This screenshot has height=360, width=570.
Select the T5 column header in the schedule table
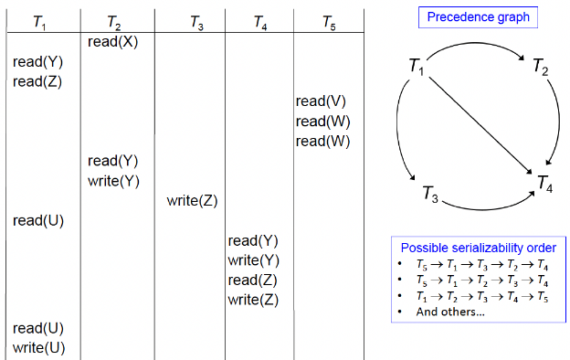click(329, 22)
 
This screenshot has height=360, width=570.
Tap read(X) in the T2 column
click(113, 42)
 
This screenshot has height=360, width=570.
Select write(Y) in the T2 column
click(113, 181)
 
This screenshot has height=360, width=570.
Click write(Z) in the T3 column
click(192, 201)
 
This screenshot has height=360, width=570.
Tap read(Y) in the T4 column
click(253, 241)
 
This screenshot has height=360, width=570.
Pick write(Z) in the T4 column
click(253, 300)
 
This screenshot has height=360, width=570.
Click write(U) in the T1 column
click(36, 347)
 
